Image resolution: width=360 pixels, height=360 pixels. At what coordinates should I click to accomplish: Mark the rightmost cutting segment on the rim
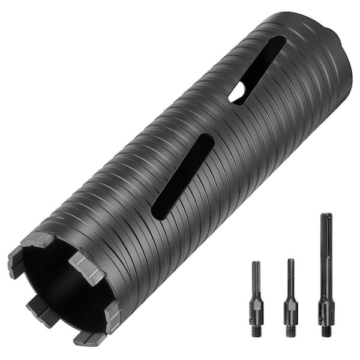(112, 315)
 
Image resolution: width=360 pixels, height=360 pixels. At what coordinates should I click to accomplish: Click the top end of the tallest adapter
(325, 216)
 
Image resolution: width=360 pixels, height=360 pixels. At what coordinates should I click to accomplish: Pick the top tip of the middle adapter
(290, 261)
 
